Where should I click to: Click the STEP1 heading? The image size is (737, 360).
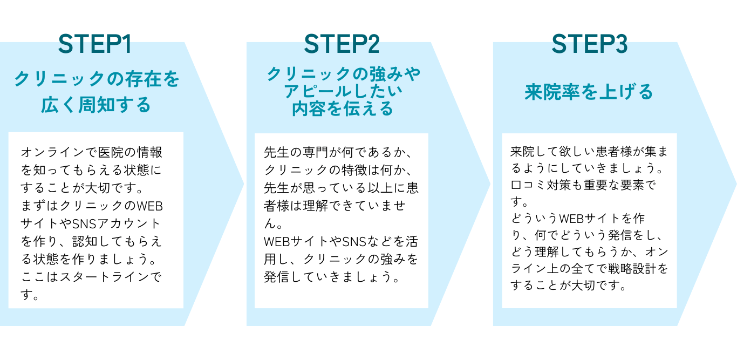tap(95, 44)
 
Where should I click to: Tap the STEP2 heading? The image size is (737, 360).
tap(342, 44)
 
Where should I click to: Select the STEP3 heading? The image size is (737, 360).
tap(589, 44)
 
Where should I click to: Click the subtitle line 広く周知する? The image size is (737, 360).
tap(96, 104)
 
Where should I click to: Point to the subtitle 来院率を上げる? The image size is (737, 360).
tap(589, 92)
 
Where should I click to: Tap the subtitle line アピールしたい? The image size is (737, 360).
tap(342, 91)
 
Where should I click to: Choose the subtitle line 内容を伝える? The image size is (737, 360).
tap(342, 108)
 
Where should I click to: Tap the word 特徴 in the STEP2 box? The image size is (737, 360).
tap(359, 170)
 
